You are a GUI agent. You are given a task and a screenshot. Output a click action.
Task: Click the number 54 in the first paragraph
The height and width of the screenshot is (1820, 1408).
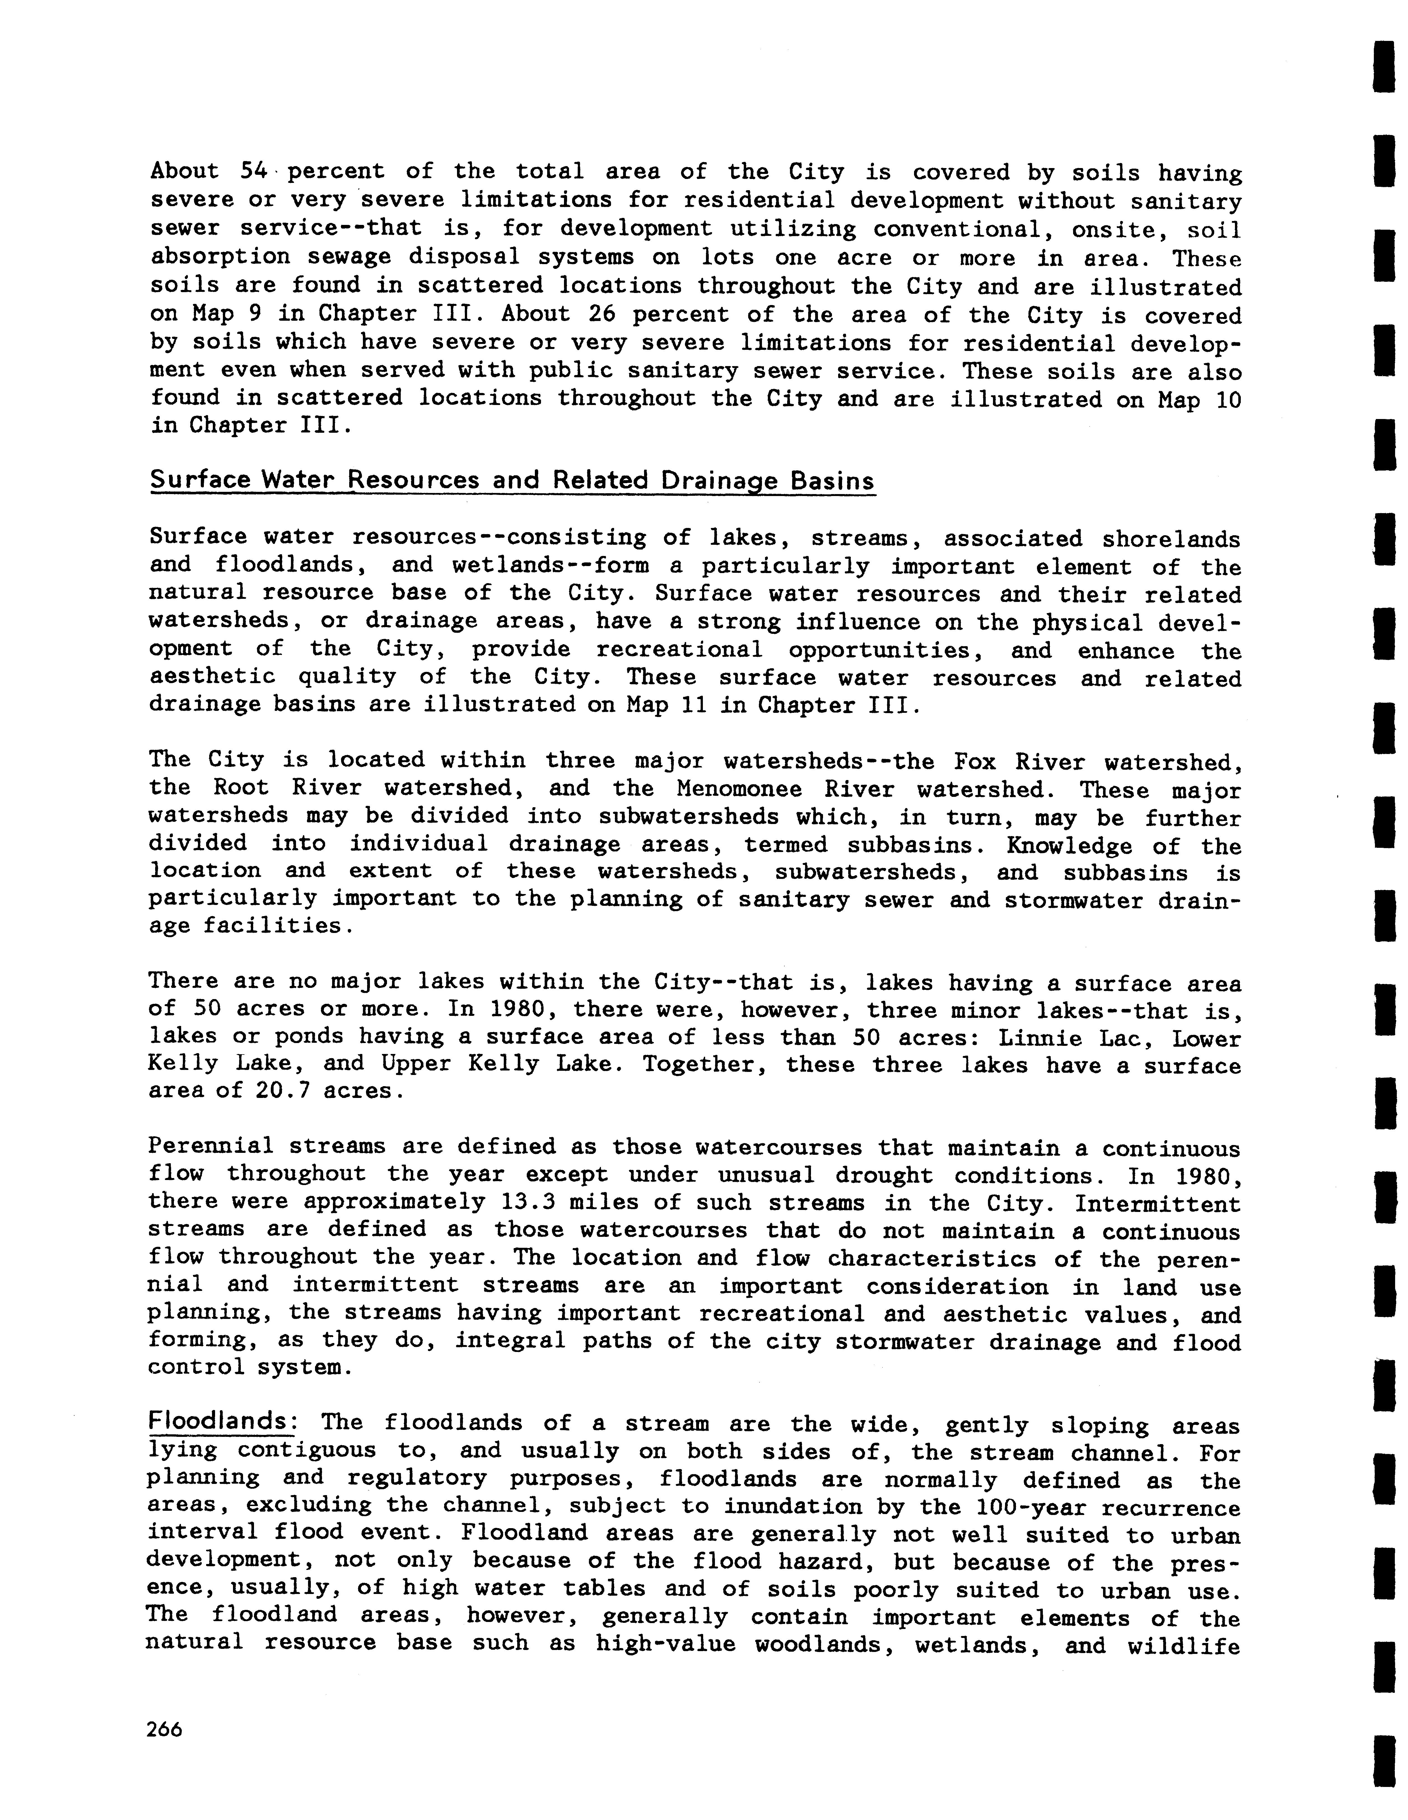tap(252, 172)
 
